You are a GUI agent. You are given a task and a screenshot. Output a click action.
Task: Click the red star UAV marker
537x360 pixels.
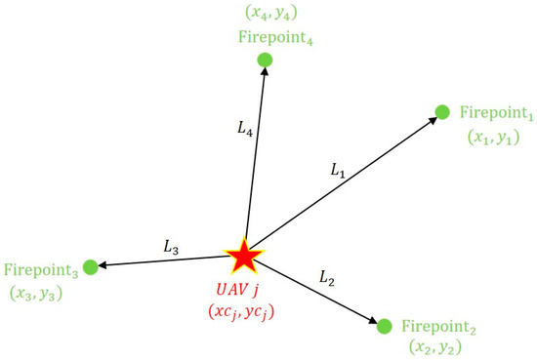click(x=243, y=257)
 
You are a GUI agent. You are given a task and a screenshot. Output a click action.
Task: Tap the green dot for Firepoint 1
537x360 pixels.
click(x=441, y=112)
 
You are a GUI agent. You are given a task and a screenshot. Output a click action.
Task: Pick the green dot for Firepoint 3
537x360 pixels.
click(x=91, y=266)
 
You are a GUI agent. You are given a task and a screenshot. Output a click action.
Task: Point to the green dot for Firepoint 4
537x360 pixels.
click(x=264, y=60)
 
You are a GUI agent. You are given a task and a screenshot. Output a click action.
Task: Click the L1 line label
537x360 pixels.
click(x=338, y=171)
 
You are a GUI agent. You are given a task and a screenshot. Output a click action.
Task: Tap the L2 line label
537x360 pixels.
click(x=328, y=279)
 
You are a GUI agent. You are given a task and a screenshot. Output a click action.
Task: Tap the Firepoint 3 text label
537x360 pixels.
click(x=41, y=269)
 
